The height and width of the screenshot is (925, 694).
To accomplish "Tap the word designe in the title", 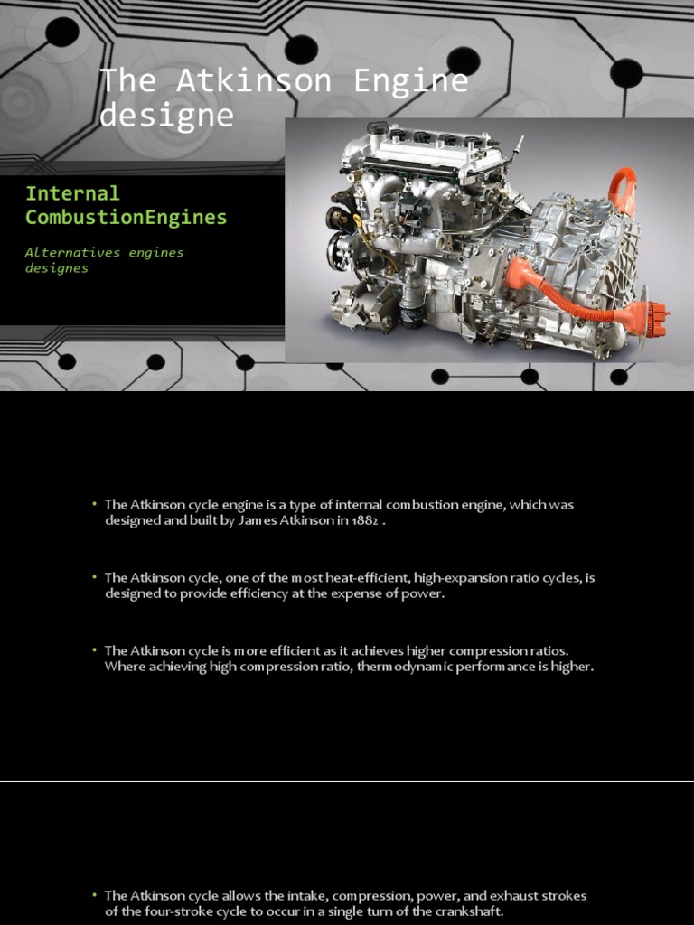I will click(166, 116).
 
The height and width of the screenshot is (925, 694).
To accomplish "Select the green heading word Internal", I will click(72, 193).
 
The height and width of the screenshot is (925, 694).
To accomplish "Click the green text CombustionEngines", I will click(126, 218).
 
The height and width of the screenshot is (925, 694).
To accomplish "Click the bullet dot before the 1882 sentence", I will click(94, 504).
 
